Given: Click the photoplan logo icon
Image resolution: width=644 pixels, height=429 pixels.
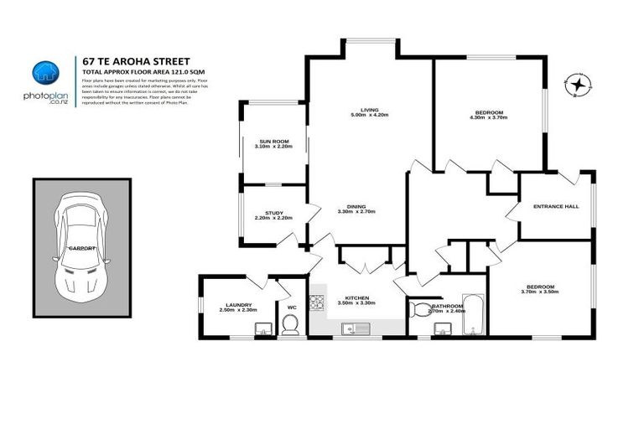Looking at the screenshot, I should click(x=44, y=73).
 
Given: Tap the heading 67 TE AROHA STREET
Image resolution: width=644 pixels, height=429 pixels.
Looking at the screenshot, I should click(x=137, y=60).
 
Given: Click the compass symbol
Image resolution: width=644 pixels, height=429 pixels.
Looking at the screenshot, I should click(x=578, y=85).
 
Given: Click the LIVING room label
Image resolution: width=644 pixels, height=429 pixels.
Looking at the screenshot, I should click(x=369, y=110).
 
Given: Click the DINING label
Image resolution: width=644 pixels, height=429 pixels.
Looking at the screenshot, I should click(x=356, y=207).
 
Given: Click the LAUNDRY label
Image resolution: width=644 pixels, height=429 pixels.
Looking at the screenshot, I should click(x=239, y=305).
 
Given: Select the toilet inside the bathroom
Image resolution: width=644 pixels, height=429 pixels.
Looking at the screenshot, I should click(x=418, y=310).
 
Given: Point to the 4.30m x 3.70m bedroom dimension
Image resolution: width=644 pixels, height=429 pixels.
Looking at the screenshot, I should click(x=489, y=117).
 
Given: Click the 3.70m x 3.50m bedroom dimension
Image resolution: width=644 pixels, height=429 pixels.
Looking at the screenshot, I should click(x=539, y=292).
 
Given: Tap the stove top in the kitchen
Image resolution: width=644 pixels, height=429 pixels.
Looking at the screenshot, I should click(x=317, y=301).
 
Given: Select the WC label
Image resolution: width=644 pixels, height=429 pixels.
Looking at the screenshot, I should click(x=292, y=307).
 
